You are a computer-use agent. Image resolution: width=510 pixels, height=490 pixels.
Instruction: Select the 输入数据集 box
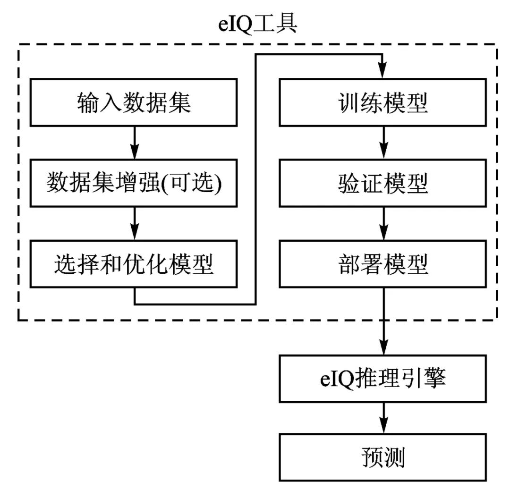point(134,102)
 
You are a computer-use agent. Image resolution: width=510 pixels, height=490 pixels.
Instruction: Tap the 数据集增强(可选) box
point(134,183)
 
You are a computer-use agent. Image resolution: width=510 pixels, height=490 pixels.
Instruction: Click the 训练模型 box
point(382,102)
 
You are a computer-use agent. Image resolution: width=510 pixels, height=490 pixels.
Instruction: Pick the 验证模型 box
point(382,183)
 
